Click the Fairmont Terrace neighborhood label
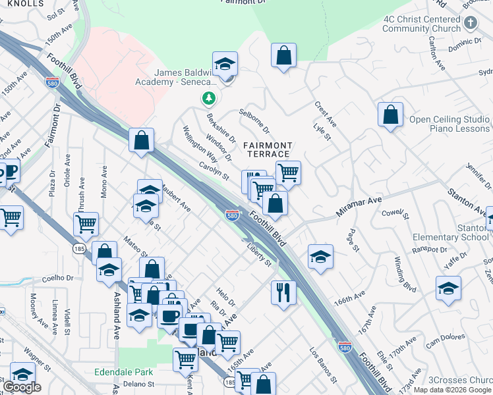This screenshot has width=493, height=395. coord(267,149)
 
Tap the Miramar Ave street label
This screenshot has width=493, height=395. coord(360,200)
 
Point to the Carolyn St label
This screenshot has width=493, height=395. coord(215,172)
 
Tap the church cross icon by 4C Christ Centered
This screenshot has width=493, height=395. coord(469,24)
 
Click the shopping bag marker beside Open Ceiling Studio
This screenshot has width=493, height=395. coord(390,115)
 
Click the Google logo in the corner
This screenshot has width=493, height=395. coord(22,387)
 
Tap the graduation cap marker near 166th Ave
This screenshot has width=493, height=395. coord(320,257)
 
